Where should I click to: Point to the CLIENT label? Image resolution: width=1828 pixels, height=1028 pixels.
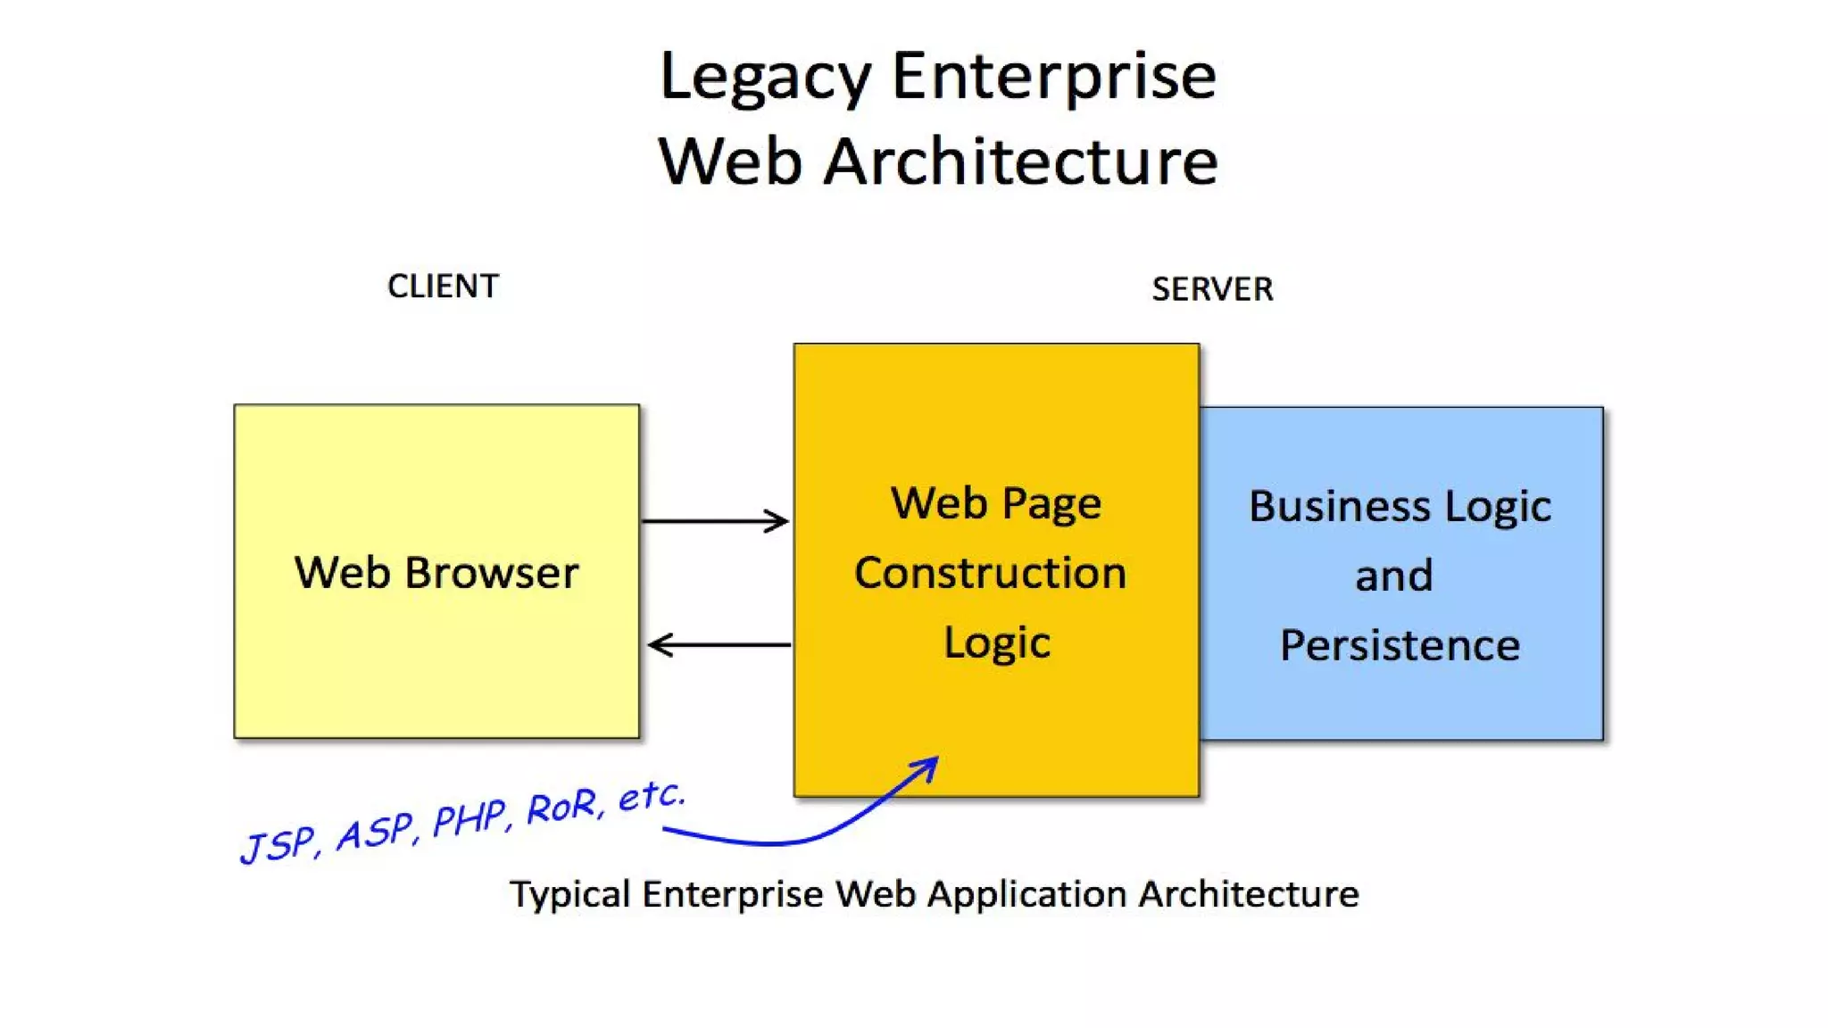443,286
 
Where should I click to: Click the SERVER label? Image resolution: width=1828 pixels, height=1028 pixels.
1212,289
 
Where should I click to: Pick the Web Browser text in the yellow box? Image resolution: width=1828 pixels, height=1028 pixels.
436,573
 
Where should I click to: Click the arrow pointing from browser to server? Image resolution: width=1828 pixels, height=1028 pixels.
715,521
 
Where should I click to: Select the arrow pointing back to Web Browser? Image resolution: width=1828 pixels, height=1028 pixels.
719,644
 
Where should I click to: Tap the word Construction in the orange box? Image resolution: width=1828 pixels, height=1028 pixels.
990,573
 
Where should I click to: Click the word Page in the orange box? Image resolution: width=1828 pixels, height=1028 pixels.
1051,505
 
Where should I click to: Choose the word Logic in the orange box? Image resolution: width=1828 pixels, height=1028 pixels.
997,643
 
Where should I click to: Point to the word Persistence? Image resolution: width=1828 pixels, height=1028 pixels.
1400,645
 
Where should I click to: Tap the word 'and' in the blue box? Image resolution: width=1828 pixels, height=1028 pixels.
1393,576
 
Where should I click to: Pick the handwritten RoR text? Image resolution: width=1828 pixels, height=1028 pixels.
562,807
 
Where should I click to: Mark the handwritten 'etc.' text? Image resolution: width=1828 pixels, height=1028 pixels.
652,795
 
